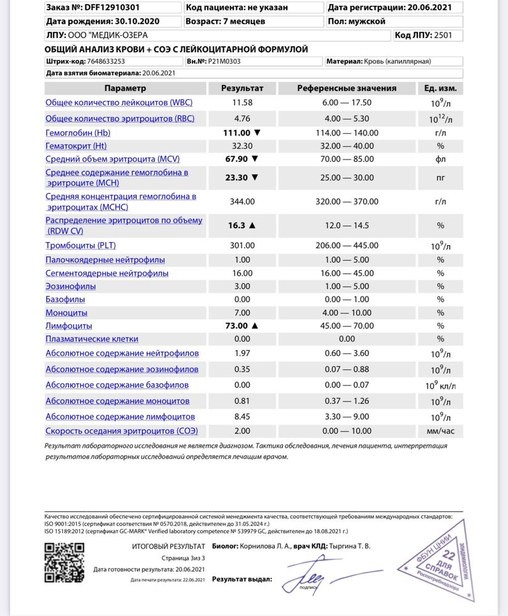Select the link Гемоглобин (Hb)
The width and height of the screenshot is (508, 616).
pyautogui.click(x=78, y=132)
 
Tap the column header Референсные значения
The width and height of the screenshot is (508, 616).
pyautogui.click(x=346, y=88)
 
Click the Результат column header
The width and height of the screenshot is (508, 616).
pyautogui.click(x=242, y=88)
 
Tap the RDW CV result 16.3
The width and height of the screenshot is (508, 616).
pyautogui.click(x=237, y=225)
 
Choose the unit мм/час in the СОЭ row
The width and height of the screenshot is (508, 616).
pyautogui.click(x=440, y=431)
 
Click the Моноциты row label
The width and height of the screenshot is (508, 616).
pyautogui.click(x=66, y=312)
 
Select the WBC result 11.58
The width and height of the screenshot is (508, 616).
pyautogui.click(x=242, y=102)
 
